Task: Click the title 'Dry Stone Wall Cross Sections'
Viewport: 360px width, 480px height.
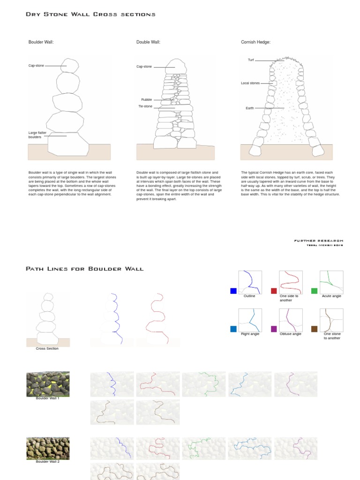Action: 90,15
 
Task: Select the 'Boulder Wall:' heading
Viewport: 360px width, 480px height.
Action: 41,42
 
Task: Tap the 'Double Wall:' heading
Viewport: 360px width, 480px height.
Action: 148,42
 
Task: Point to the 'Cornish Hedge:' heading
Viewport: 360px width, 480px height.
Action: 255,42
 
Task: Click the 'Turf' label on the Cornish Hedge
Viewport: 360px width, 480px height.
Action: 251,60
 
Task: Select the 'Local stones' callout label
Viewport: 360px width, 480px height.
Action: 250,83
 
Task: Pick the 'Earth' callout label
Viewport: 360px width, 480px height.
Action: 250,108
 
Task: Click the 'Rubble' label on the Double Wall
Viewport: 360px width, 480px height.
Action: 146,99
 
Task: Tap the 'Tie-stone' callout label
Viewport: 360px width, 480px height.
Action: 145,106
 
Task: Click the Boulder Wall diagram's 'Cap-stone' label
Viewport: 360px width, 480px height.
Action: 36,66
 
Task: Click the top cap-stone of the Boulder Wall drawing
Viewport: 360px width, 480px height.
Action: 70,66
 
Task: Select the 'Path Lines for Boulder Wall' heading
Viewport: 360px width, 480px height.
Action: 84,269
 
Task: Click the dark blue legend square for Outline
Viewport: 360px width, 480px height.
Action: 233,291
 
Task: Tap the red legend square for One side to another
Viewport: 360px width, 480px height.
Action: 274,291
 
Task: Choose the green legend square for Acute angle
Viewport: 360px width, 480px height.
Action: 315,291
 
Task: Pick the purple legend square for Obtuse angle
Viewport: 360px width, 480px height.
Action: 274,329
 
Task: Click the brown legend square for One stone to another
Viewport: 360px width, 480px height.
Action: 315,329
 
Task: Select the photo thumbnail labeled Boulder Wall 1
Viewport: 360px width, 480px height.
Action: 48,384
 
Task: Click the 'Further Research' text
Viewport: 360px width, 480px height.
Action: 318,241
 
